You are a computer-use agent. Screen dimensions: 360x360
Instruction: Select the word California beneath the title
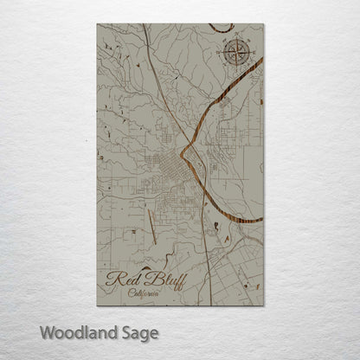pyautogui.click(x=144, y=292)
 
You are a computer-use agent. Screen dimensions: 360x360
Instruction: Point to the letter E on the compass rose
pyautogui.click(x=252, y=53)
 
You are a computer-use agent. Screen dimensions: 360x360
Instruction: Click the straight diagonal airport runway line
pyautogui.click(x=151, y=226)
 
